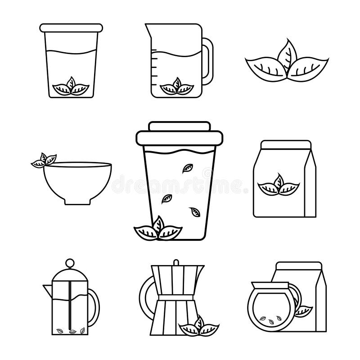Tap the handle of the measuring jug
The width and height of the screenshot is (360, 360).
pyautogui.click(x=207, y=63)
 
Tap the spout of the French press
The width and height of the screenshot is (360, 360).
pyautogui.click(x=46, y=288)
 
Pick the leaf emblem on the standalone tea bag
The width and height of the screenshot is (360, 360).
pyautogui.click(x=277, y=184)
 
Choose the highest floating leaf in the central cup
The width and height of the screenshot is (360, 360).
pyautogui.click(x=184, y=168)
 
